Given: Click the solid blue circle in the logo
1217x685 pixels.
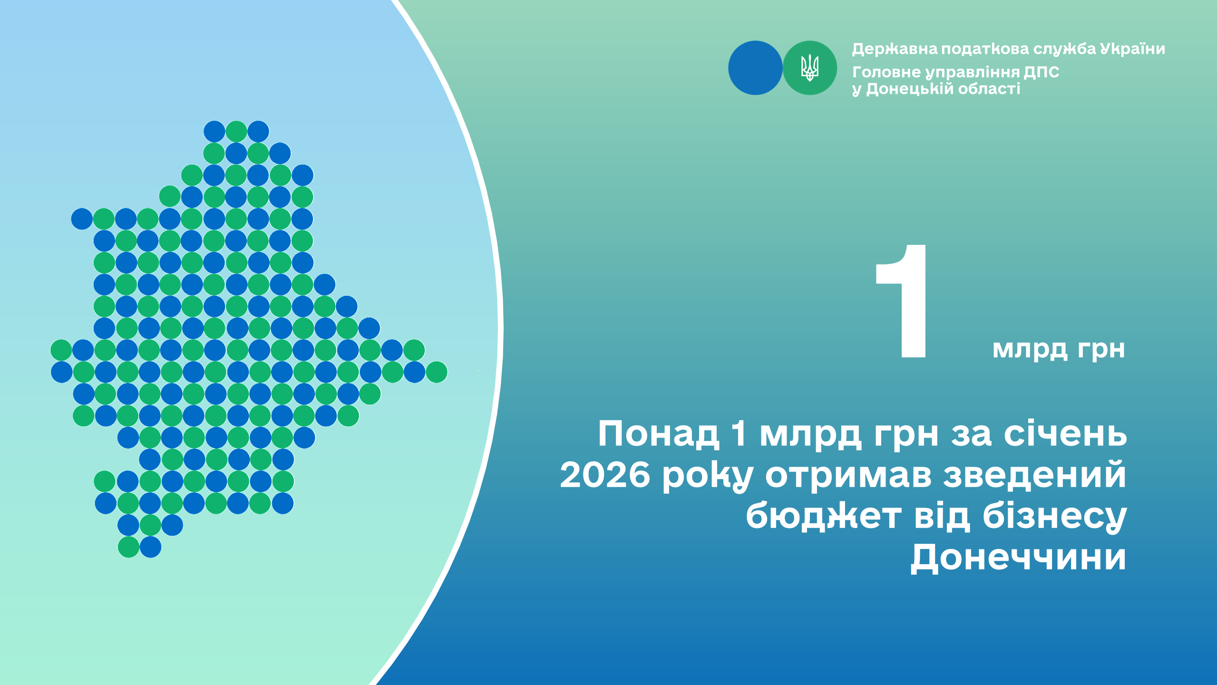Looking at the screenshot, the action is point(755,68).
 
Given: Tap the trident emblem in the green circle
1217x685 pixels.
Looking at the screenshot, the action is point(810,68).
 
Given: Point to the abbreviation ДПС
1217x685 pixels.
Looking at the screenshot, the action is point(1042,72).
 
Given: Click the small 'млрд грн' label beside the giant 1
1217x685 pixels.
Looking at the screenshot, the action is point(1059,349).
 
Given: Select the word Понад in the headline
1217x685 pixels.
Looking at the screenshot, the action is point(658,433).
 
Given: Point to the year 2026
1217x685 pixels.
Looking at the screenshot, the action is point(605,475).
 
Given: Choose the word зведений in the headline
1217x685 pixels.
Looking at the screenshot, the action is point(1035,475).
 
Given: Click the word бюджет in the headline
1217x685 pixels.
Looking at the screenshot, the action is point(823,516).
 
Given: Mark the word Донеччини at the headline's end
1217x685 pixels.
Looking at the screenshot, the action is point(1018,557).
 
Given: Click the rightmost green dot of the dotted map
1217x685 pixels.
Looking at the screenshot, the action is point(437,372).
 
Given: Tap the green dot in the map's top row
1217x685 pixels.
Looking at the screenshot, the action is point(236,131).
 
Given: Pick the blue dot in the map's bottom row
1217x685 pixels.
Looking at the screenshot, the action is point(150,547).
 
